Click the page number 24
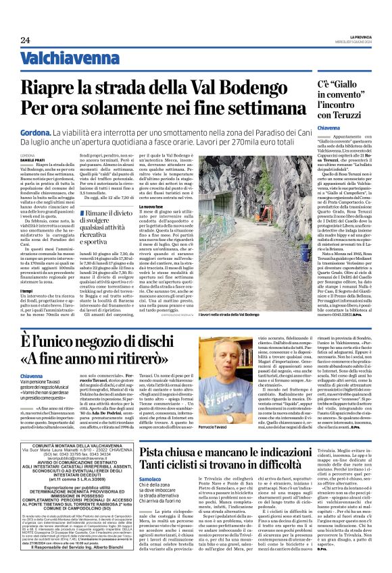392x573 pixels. (25, 40)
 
